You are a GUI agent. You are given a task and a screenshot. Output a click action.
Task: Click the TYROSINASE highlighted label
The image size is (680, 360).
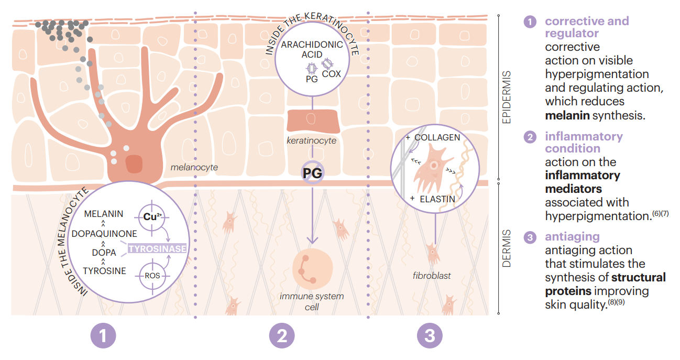tap(157, 248)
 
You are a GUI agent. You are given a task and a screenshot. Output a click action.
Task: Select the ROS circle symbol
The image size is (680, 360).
tap(152, 275)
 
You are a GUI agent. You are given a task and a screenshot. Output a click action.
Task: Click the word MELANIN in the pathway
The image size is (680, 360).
tap(104, 214)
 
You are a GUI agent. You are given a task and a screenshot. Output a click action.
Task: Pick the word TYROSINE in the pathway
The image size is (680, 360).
tap(104, 271)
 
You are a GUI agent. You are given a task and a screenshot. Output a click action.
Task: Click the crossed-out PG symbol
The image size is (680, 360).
tap(312, 172)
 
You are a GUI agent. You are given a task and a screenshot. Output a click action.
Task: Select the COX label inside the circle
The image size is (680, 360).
tap(331, 74)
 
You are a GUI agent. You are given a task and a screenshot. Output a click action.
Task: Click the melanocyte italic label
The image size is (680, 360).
tap(194, 168)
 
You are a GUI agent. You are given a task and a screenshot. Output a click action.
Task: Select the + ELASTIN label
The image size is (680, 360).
tap(433, 199)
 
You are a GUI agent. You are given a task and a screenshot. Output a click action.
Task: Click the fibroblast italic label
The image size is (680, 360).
tap(431, 276)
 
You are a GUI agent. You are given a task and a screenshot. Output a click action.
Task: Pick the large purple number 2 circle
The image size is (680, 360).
tap(282, 336)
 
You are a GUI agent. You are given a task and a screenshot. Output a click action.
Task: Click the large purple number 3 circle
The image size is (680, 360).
tap(430, 336)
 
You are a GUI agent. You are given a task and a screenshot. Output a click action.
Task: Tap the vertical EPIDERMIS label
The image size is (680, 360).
tap(506, 101)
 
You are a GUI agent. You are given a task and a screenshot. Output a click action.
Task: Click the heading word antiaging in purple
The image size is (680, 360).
tap(572, 237)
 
